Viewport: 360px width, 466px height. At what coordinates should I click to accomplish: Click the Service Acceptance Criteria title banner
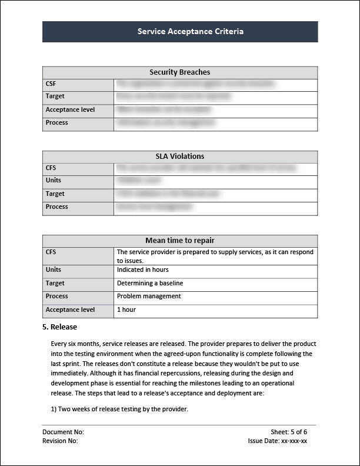pyautogui.click(x=180, y=32)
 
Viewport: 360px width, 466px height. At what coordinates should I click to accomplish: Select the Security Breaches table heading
pyautogui.click(x=180, y=72)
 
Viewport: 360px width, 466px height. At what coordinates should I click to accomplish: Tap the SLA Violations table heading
pyautogui.click(x=180, y=157)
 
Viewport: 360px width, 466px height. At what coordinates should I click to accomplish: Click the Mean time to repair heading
pyautogui.click(x=180, y=241)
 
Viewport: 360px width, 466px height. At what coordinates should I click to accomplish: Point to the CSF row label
pyautogui.click(x=51, y=84)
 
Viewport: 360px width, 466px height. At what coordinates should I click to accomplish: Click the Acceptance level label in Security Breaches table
pyautogui.click(x=70, y=109)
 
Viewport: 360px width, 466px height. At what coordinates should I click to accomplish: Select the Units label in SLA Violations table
pyautogui.click(x=54, y=180)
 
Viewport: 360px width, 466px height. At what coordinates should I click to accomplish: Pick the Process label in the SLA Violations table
pyautogui.click(x=56, y=207)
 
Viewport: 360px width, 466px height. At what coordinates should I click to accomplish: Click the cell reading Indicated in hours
pyautogui.click(x=143, y=269)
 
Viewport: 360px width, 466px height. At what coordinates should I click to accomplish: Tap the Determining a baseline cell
pyautogui.click(x=150, y=283)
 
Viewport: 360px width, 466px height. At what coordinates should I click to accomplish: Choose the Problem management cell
pyautogui.click(x=149, y=296)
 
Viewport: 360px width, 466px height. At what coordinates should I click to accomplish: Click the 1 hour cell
pyautogui.click(x=126, y=309)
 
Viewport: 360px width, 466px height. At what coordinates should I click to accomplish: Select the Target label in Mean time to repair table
pyautogui.click(x=55, y=283)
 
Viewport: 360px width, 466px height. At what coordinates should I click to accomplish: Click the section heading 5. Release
pyautogui.click(x=59, y=327)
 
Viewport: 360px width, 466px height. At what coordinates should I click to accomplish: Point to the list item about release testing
pyautogui.click(x=119, y=409)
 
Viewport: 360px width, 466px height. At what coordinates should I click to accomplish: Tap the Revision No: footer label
pyautogui.click(x=60, y=440)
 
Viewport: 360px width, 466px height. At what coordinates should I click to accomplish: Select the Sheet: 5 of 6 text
pyautogui.click(x=289, y=432)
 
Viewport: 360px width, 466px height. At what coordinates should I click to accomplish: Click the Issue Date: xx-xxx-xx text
pyautogui.click(x=278, y=440)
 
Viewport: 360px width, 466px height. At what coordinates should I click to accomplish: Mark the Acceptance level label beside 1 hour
pyautogui.click(x=70, y=309)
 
